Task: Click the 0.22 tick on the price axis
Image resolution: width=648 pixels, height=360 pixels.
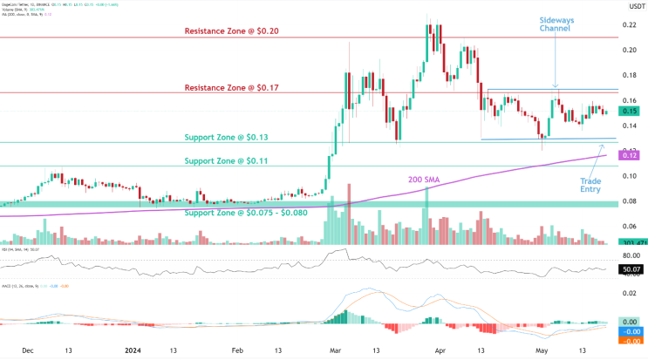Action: (628, 24)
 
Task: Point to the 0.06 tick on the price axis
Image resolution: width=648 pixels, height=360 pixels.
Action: (628, 227)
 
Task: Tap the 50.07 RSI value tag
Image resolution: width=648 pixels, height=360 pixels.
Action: (631, 271)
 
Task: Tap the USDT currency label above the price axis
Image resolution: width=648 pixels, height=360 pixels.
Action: (630, 7)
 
